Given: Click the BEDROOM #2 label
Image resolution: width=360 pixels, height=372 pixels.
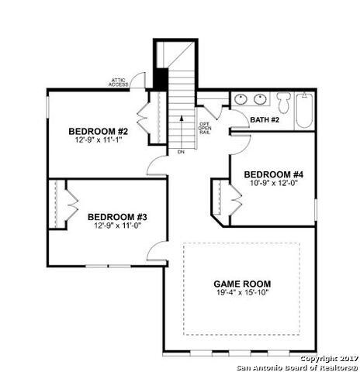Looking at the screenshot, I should [97, 130].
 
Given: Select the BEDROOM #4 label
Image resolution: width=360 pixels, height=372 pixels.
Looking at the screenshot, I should [273, 174].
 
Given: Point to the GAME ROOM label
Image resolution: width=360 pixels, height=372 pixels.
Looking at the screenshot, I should [242, 284].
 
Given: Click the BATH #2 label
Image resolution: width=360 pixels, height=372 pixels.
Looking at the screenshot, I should [265, 119].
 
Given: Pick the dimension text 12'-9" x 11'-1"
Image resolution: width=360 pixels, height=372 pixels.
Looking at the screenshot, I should [97, 140].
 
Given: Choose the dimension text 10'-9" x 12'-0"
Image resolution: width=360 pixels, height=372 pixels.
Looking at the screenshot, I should [273, 184].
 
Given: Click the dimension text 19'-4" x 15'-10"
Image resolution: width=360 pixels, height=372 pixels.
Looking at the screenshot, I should [242, 294].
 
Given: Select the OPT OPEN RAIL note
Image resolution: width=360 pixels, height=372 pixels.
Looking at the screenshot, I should [205, 128].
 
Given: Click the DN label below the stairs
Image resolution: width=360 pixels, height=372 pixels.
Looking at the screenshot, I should [180, 152].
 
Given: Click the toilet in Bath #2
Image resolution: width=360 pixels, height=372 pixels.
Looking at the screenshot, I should [284, 101].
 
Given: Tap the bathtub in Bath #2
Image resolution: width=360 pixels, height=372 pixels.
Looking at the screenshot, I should [304, 111].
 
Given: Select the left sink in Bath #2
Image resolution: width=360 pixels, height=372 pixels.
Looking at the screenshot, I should [241, 99].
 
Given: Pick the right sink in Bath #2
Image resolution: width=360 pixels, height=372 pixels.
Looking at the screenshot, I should [260, 99].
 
